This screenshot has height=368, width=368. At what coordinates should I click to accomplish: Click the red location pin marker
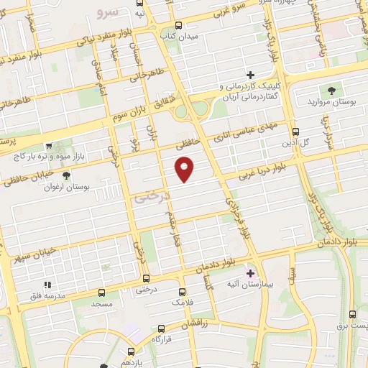[x=185, y=169]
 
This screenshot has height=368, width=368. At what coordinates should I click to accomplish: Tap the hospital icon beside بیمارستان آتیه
[x=250, y=273]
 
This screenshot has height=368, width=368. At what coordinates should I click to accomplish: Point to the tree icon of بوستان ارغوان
[x=66, y=175]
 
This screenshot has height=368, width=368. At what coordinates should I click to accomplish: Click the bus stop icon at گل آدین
[x=295, y=131]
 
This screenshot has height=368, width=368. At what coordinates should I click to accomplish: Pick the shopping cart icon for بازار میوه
[x=48, y=145]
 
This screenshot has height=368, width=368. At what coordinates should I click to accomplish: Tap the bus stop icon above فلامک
[x=182, y=293]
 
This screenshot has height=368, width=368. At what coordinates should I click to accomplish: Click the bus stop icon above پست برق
[x=351, y=314]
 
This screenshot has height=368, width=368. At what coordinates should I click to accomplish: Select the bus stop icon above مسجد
[x=101, y=293]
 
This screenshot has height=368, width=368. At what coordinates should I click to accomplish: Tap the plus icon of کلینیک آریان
[x=250, y=75]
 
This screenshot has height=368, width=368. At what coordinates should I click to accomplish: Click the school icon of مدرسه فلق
[x=48, y=285]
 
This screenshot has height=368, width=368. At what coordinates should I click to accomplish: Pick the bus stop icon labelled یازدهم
[x=130, y=351]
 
